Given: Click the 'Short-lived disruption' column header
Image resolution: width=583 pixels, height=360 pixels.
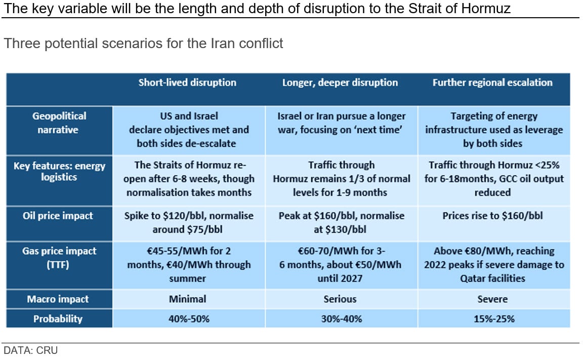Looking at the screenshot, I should [x=187, y=83].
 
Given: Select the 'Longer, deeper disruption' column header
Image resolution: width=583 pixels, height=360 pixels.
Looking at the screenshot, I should [x=340, y=83].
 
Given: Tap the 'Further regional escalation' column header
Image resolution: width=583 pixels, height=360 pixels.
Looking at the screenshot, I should [x=492, y=83].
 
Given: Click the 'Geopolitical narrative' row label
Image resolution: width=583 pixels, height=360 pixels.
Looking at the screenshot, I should [x=59, y=123].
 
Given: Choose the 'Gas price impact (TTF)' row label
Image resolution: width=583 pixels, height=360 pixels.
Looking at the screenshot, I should [x=59, y=257].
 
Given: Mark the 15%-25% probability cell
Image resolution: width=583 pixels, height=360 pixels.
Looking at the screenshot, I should [x=492, y=319].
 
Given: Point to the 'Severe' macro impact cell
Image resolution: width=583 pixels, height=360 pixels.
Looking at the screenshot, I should [x=492, y=299].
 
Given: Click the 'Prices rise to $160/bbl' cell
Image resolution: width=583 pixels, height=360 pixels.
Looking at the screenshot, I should [x=492, y=216].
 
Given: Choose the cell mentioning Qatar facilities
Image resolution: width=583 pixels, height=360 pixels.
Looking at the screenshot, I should [x=492, y=264].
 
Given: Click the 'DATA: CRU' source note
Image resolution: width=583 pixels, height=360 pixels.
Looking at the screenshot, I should [x=30, y=350].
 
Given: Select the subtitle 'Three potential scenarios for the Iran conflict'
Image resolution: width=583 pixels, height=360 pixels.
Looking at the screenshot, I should [x=143, y=44].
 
